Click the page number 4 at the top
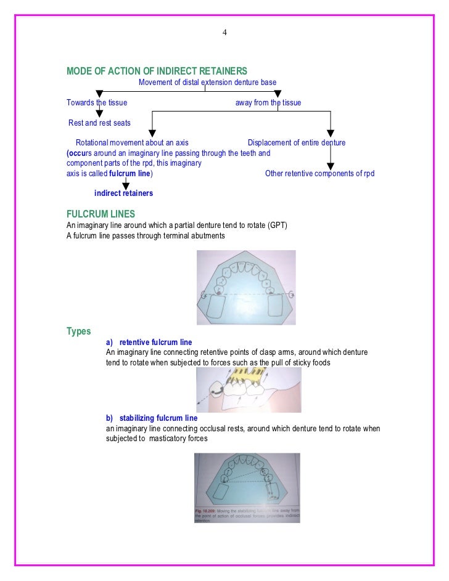(224, 32)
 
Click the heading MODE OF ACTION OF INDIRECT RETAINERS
(157, 71)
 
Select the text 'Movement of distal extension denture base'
(207, 83)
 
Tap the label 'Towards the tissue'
(97, 103)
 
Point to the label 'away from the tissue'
(268, 103)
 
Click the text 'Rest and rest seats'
(100, 123)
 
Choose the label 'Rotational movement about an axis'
(132, 143)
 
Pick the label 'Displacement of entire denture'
(296, 143)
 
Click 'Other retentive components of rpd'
(319, 174)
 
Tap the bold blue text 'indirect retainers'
(123, 193)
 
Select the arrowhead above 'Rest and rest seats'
(99, 113)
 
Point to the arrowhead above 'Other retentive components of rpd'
(331, 165)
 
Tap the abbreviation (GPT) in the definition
(278, 225)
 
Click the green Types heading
(78, 331)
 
